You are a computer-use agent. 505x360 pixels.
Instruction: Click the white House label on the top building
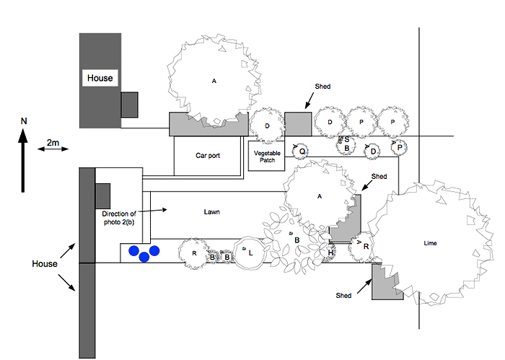point(100,78)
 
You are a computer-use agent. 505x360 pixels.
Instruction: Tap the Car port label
point(208,155)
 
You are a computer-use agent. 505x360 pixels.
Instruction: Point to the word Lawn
point(211,212)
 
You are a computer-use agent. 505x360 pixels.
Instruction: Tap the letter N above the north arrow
point(23,121)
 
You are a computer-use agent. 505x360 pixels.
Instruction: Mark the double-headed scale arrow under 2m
point(55,149)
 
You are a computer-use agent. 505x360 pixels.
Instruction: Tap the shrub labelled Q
point(303,150)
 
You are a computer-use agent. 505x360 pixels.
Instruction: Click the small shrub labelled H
point(330,252)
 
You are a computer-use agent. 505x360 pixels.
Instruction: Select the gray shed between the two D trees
point(297,123)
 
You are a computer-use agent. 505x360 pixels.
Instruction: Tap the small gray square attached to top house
point(129,105)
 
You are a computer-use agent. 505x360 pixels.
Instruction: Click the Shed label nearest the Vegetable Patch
point(322,87)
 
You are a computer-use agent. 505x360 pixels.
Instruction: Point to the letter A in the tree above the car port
point(214,81)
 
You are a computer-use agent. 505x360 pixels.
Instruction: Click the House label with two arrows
point(44,264)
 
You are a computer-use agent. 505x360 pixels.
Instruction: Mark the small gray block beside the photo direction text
point(102,194)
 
